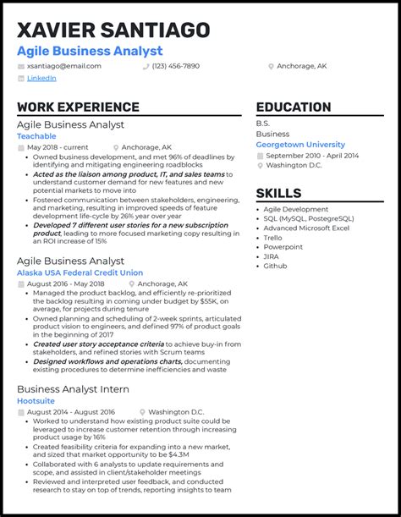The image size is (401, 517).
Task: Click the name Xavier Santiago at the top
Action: pos(113,30)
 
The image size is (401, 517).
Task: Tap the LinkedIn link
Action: pos(41,78)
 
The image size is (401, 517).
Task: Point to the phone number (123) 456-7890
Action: pos(176,65)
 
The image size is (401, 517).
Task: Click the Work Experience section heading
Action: pos(78,107)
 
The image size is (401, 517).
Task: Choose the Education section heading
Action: pos(294,107)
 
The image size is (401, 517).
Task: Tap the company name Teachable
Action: pos(36,135)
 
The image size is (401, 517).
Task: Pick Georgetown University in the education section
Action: pos(300,144)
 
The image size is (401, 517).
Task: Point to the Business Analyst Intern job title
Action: pos(73,388)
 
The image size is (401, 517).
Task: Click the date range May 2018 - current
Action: pos(59,147)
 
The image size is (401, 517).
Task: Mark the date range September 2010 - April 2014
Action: pos(312,155)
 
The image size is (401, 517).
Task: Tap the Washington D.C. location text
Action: pos(294,165)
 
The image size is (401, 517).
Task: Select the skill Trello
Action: pos(273,238)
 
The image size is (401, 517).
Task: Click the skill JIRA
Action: pos(271,256)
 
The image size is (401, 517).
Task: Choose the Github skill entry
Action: pos(274,265)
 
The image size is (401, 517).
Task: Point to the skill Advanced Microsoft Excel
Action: pos(307,228)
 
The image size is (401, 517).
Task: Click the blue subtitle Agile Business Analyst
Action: pos(90,51)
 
